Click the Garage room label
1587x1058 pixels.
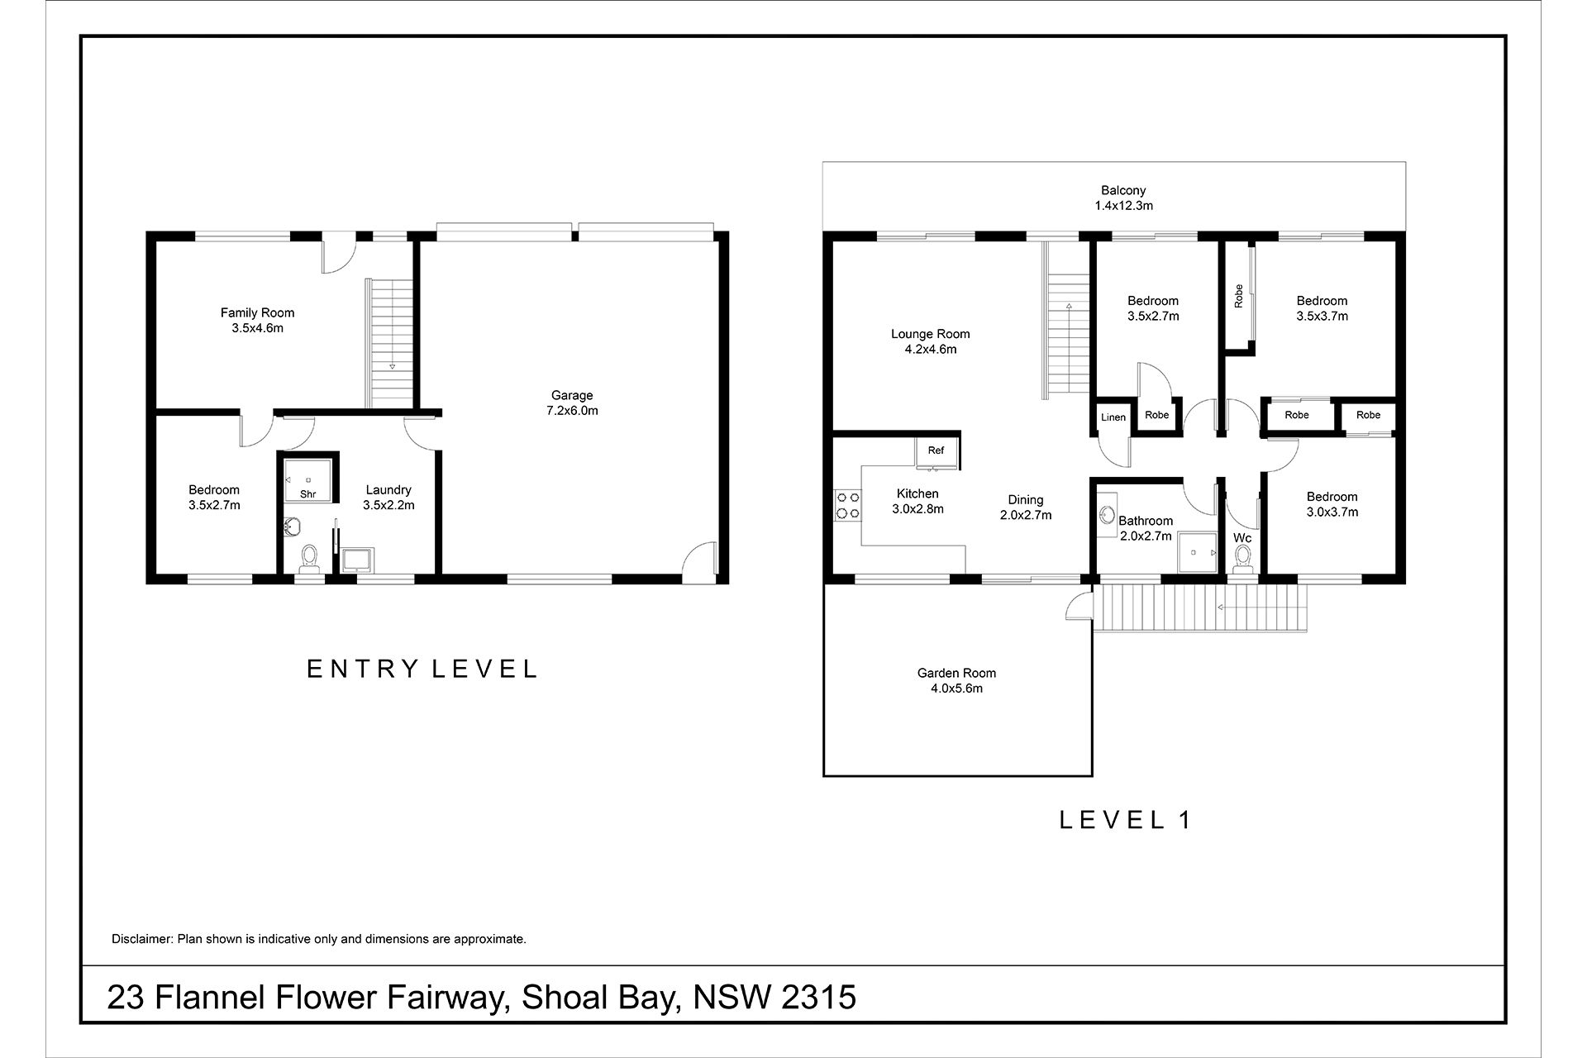[572, 403]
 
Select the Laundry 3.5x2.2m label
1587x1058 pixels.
[388, 498]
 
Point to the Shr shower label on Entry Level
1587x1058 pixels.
[308, 494]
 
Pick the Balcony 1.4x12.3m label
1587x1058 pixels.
[1123, 198]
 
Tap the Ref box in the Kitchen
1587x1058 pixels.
[936, 451]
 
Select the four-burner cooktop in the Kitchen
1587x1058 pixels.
[847, 505]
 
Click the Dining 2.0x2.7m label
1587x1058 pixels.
[1025, 508]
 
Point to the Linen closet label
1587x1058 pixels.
[1113, 417]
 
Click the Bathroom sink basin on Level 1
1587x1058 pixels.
[1108, 515]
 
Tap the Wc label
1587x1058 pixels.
[1242, 538]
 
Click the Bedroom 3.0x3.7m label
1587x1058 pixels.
[1332, 504]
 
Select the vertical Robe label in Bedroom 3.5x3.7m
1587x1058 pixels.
[1238, 296]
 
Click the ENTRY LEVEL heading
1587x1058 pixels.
[422, 669]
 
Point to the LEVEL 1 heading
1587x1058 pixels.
[1125, 820]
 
